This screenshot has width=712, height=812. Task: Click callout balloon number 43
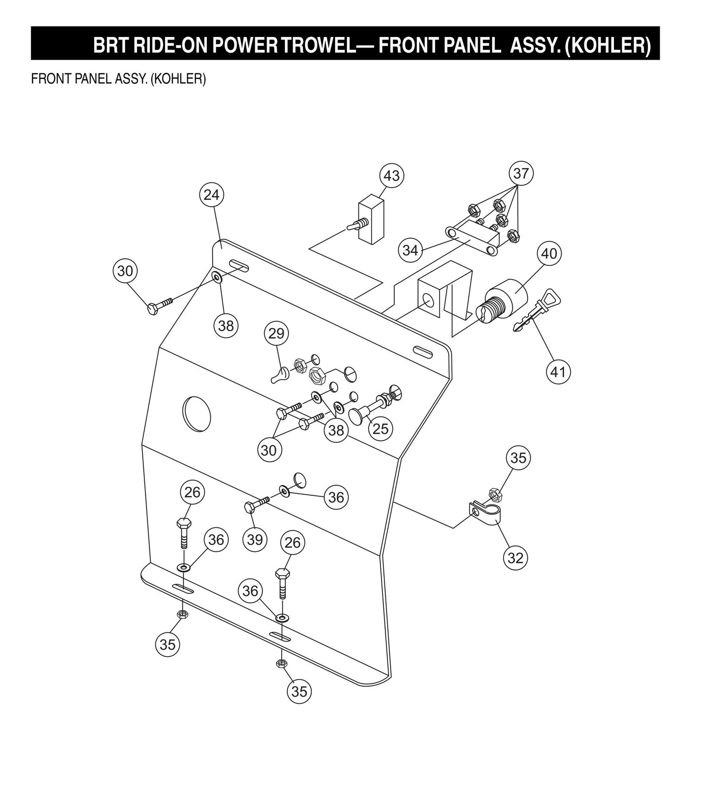[x=392, y=176]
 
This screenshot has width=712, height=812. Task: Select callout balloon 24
[x=211, y=195]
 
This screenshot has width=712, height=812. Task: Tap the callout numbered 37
[x=521, y=173]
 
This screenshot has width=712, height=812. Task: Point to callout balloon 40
[x=549, y=253]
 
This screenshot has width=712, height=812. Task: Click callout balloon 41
[x=558, y=371]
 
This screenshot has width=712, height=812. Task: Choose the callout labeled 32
[x=515, y=558]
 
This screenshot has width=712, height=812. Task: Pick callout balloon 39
[x=255, y=540]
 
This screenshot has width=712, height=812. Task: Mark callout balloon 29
[x=276, y=333]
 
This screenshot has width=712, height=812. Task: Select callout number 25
[x=380, y=428]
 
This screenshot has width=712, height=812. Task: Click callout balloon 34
[x=410, y=250]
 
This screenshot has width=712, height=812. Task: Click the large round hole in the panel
[x=197, y=414]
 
